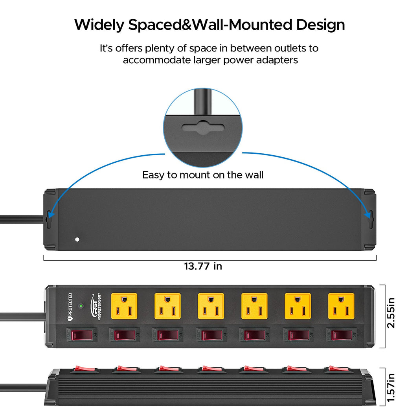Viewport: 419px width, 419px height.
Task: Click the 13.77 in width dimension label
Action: click(x=203, y=266)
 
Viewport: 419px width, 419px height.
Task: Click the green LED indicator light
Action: click(x=81, y=305)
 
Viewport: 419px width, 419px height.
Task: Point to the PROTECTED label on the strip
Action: click(x=70, y=307)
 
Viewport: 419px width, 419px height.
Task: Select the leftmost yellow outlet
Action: click(x=124, y=306)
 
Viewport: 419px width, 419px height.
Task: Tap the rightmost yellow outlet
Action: click(x=341, y=306)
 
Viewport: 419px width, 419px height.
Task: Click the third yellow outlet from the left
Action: click(x=211, y=306)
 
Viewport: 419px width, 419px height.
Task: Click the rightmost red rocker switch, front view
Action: click(x=341, y=335)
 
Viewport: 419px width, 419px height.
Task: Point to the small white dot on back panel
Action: click(x=77, y=239)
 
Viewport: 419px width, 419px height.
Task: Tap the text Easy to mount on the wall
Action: click(x=203, y=175)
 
